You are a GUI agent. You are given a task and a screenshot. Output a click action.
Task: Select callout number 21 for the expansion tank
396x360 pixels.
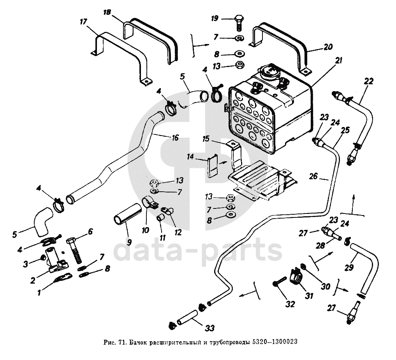click(x=338, y=61)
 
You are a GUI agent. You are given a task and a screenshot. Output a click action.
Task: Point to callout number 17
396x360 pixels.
click(x=83, y=22)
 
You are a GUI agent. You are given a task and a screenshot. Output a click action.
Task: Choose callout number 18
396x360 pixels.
click(x=107, y=13)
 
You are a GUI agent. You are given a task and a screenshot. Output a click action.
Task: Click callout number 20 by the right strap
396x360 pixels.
click(x=328, y=47)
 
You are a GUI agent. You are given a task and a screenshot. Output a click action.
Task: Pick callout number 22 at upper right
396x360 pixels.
click(x=369, y=81)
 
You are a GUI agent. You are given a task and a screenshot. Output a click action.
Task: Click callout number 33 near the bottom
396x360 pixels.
click(x=209, y=328)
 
